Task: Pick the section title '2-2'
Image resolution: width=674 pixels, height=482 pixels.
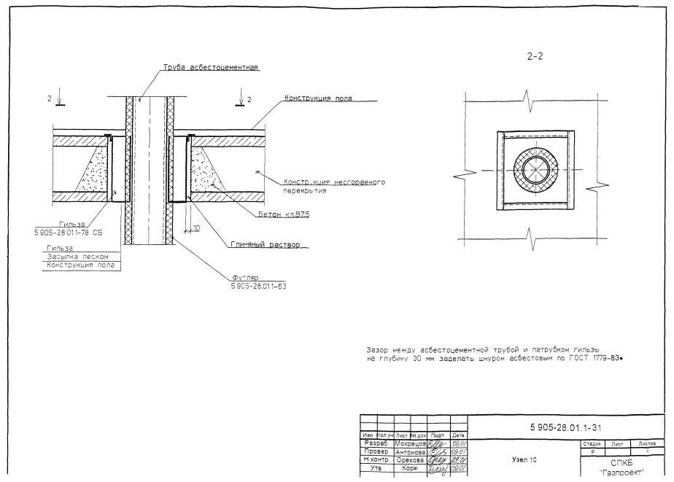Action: [536, 55]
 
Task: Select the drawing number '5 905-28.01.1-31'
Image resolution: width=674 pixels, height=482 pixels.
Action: [564, 426]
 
